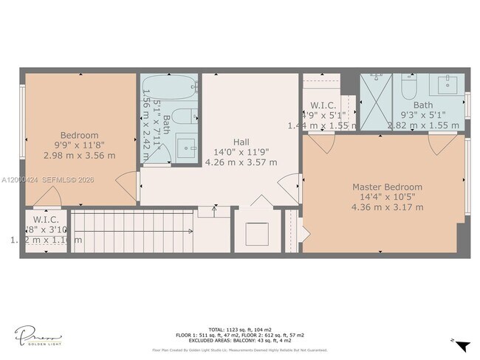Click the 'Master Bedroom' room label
(387, 187)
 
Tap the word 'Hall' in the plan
(241, 142)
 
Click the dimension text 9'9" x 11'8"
(79, 145)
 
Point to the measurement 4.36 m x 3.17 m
(387, 207)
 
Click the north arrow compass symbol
(462, 346)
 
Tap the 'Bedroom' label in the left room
(79, 135)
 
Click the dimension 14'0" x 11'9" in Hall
(241, 152)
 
